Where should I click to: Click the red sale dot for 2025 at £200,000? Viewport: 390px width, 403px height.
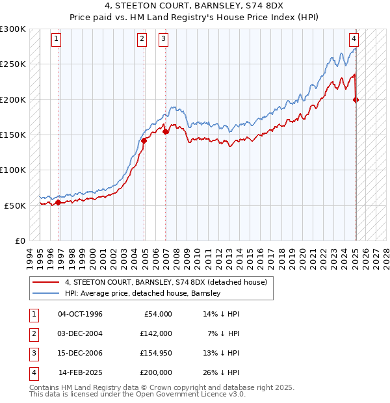coord(356,99)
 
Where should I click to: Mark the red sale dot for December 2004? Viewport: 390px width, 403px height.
coord(144,140)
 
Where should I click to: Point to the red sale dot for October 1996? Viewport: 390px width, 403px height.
coord(58,202)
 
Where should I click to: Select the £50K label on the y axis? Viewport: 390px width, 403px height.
coord(15,205)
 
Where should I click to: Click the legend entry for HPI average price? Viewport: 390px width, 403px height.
coord(143,294)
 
